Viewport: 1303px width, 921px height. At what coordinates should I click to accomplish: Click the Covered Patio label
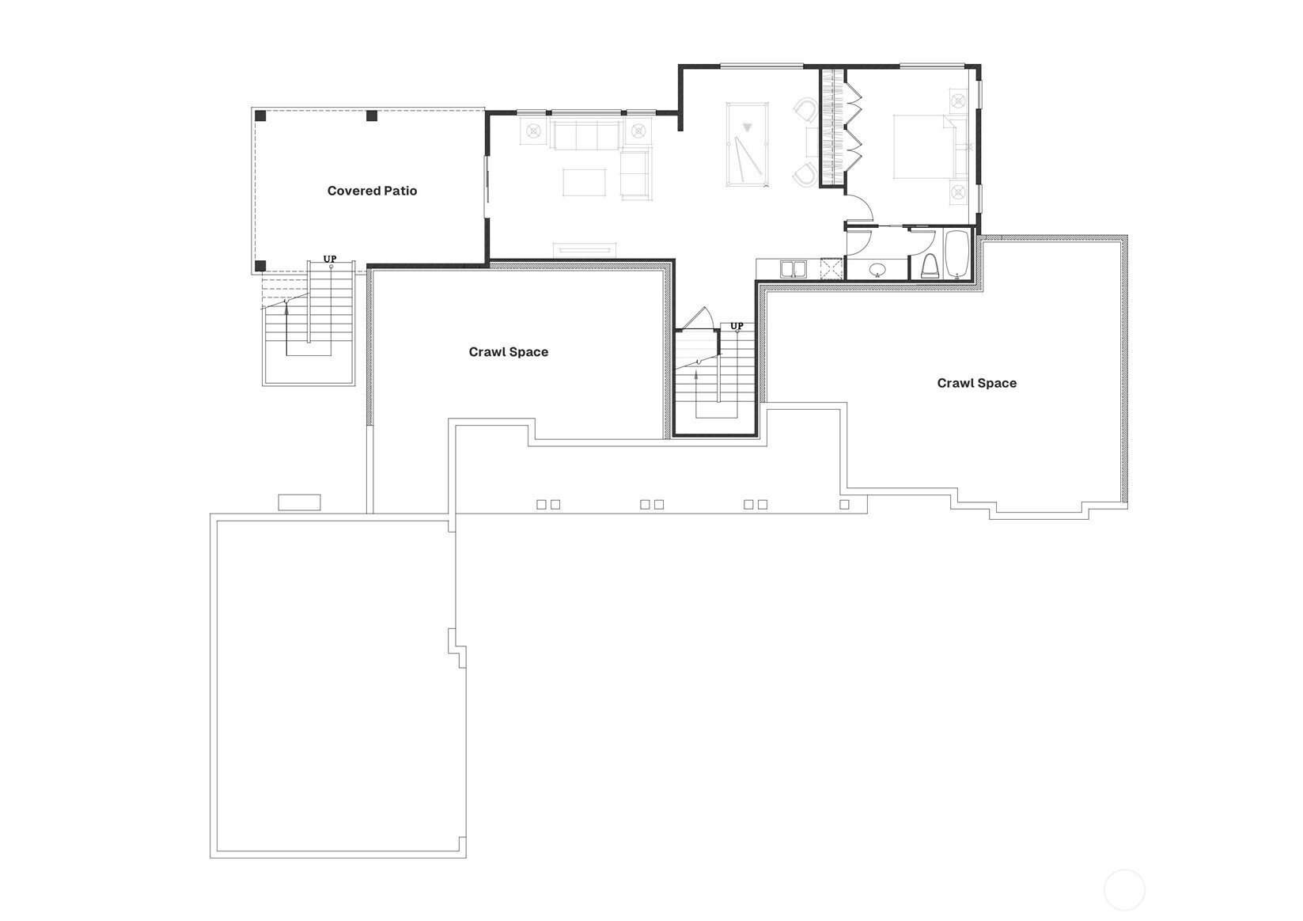pos(372,191)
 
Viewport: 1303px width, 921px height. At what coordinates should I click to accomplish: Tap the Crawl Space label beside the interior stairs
pos(508,352)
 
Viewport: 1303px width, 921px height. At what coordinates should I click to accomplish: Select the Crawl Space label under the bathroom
pos(976,383)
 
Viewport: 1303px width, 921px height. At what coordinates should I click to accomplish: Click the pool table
pos(748,144)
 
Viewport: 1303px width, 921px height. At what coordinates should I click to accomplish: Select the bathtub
pos(957,255)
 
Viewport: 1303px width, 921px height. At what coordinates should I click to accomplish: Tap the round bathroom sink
pos(877,271)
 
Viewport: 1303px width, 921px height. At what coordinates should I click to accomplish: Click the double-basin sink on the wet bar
pos(793,269)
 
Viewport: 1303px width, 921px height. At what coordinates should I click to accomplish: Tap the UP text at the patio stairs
pos(330,259)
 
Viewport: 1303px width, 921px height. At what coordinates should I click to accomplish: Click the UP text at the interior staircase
pos(737,326)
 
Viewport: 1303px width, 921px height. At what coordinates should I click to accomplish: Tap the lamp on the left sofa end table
pos(532,131)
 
